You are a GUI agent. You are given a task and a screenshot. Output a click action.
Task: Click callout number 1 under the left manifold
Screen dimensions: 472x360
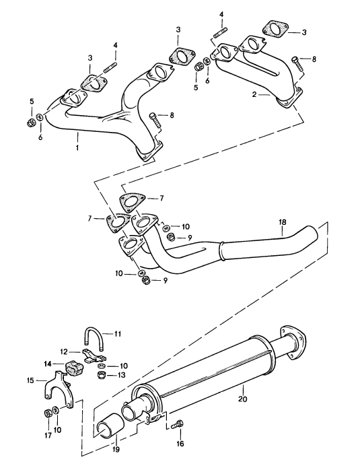point(78,147)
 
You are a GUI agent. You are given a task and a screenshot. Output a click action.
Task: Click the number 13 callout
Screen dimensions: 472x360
point(122,375)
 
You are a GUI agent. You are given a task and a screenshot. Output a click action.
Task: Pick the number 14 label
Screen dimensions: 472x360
point(48,364)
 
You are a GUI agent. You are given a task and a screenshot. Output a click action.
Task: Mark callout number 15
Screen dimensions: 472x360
point(30,381)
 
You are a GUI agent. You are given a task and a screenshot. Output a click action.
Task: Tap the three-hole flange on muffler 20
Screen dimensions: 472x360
point(293,340)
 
